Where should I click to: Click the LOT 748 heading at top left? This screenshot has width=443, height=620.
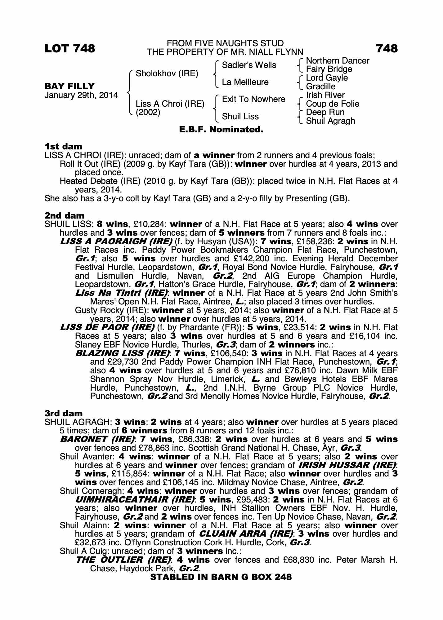(70, 49)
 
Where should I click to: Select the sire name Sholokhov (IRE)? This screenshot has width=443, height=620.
(167, 73)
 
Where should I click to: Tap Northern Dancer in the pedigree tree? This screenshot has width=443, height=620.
(338, 60)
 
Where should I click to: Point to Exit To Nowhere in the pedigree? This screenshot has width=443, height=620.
(253, 99)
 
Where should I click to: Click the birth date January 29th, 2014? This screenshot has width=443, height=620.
(81, 95)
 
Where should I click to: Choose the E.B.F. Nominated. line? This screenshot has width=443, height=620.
(221, 130)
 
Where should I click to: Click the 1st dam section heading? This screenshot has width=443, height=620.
(64, 146)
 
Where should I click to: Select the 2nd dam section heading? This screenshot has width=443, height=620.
(65, 215)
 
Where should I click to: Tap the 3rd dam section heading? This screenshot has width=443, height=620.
(64, 414)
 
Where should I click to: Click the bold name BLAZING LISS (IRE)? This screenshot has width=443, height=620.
(123, 353)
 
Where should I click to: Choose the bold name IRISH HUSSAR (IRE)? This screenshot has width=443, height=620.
(347, 465)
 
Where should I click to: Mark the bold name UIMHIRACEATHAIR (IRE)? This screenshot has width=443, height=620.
(135, 500)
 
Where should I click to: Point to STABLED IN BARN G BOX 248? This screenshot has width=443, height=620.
(221, 577)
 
